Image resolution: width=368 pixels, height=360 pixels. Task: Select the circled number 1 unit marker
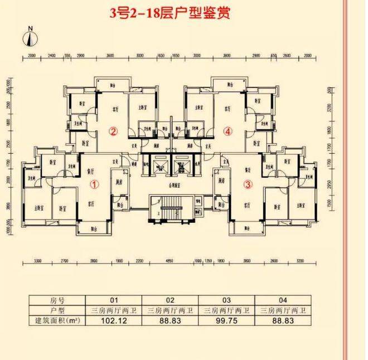pos(95,183)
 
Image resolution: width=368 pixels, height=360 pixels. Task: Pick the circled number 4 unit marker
pos(227,132)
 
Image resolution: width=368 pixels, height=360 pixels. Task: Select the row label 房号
pos(58,300)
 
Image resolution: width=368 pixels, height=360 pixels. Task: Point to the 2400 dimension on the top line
pos(51,56)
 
